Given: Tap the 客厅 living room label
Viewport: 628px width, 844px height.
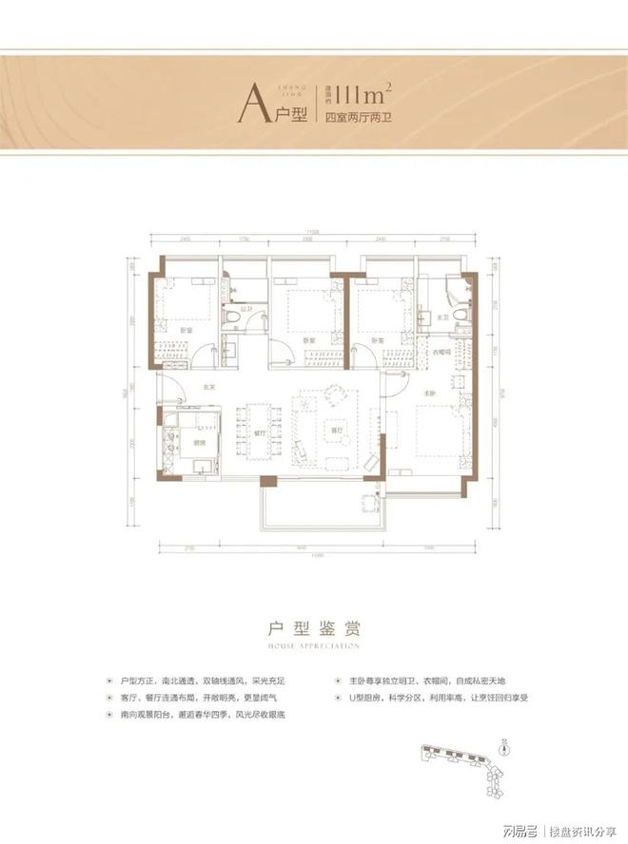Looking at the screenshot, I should (332, 426).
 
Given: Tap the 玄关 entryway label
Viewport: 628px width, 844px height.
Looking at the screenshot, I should (208, 384).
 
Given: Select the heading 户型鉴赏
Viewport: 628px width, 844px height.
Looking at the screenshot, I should (313, 628).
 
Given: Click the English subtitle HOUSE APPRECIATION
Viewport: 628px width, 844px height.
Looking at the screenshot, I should (313, 645).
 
